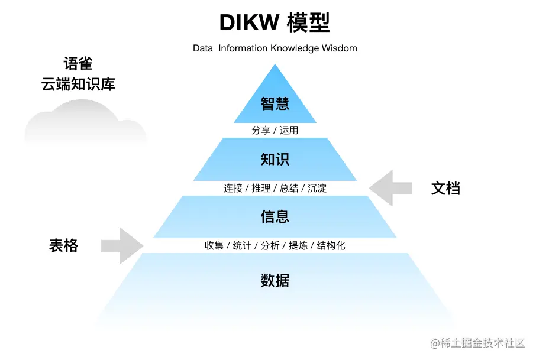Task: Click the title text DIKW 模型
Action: coord(275,22)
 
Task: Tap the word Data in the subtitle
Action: coord(202,48)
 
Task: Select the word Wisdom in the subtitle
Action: coord(339,48)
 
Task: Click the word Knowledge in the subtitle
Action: coord(295,48)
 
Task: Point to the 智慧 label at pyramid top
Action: coord(275,103)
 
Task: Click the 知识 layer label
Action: coord(275,159)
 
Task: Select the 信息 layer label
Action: coord(275,216)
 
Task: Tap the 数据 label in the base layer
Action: coord(275,280)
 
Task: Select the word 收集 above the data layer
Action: coord(214,245)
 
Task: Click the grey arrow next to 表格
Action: coord(122,245)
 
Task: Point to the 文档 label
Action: coord(445,189)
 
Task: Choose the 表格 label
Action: coord(63,245)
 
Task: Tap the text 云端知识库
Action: coord(78,84)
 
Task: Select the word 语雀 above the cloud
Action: coord(78,64)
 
